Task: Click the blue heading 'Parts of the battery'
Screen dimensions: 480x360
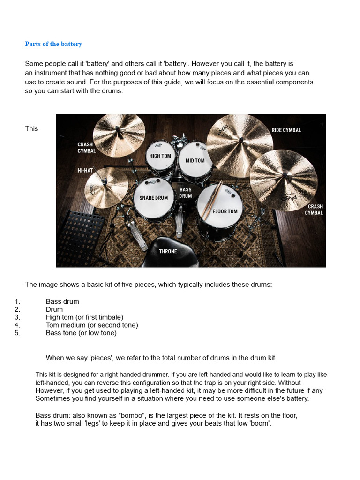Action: [53, 44]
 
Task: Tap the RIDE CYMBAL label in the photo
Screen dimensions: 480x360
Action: [286, 130]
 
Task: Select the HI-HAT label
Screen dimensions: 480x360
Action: [85, 171]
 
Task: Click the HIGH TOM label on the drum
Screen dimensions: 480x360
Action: [160, 156]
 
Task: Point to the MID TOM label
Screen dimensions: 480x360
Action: [195, 161]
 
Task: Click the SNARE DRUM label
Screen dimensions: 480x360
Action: [154, 198]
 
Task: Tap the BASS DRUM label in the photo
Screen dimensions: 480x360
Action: [186, 193]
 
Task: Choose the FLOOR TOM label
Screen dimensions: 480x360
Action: [225, 211]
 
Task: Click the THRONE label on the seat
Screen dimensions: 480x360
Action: [168, 251]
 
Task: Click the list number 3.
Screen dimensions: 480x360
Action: [17, 317]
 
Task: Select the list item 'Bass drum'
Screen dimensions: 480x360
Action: [62, 301]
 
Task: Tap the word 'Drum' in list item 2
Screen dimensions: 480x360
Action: [54, 309]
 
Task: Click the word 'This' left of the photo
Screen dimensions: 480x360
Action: [31, 128]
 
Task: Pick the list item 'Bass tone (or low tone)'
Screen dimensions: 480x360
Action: [81, 333]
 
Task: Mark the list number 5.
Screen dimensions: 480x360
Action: [17, 333]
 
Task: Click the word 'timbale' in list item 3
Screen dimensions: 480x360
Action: [109, 317]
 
